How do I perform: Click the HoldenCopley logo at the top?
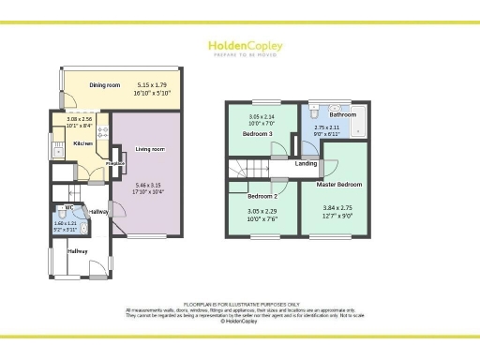pyautogui.click(x=240, y=47)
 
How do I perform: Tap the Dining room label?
pyautogui.click(x=105, y=85)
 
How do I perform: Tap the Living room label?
pyautogui.click(x=150, y=149)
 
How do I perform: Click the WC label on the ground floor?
pyautogui.click(x=68, y=207)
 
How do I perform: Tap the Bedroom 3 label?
pyautogui.click(x=258, y=134)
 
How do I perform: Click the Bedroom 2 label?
pyautogui.click(x=262, y=197)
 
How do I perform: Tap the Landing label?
pyautogui.click(x=306, y=164)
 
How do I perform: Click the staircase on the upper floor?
pyautogui.click(x=250, y=169)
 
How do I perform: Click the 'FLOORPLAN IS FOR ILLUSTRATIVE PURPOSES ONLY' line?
pyautogui.click(x=240, y=304)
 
